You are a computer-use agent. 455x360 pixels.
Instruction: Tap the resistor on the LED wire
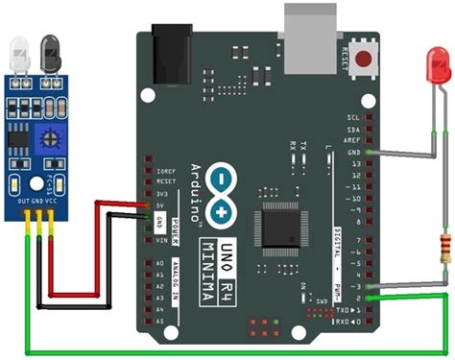[444, 248]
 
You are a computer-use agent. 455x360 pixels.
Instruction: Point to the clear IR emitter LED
[18, 51]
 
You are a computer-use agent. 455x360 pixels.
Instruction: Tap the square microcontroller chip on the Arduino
[279, 228]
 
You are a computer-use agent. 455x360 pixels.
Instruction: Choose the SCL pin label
[352, 116]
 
